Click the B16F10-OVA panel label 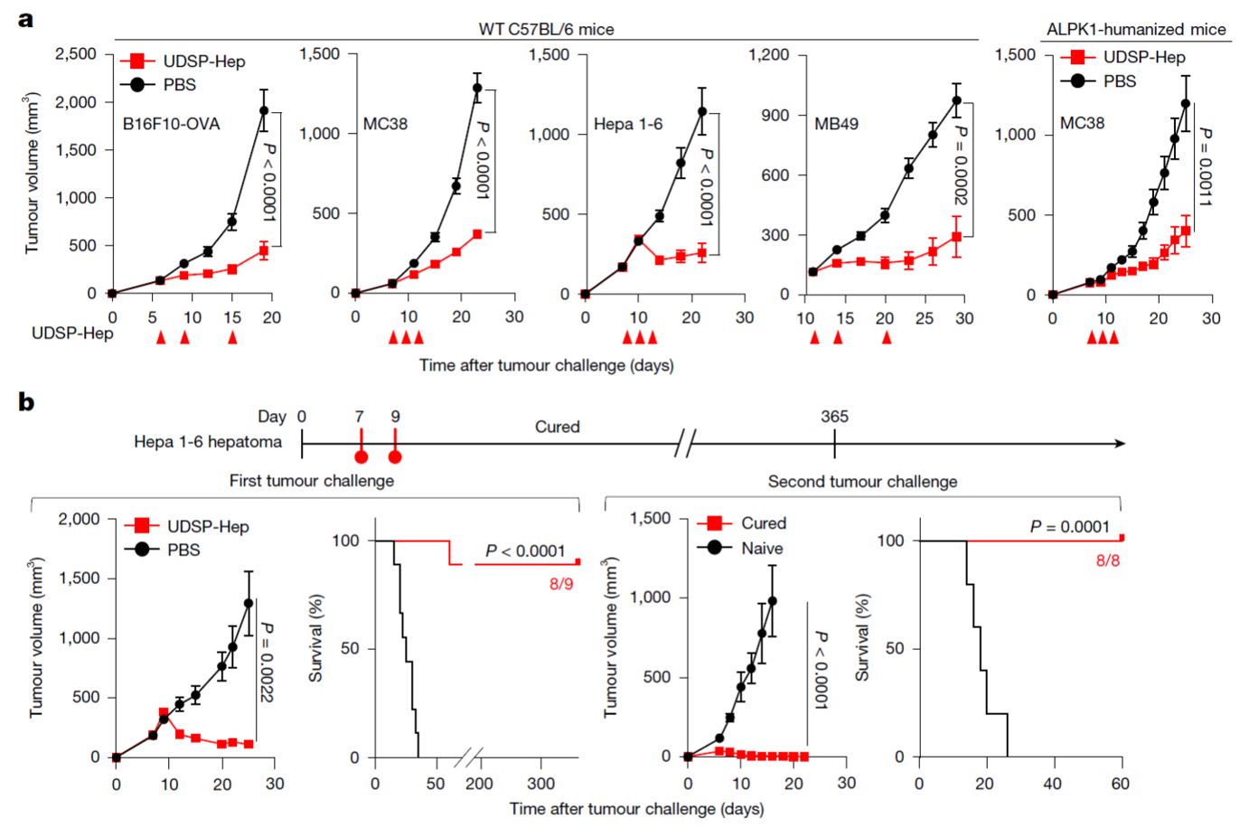click(171, 124)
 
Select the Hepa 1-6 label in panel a click(627, 124)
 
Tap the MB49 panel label click(836, 124)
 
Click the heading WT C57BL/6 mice click(546, 29)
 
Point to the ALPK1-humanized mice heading click(1136, 29)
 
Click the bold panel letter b click(26, 401)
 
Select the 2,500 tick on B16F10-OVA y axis click(76, 54)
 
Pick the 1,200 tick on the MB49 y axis click(768, 55)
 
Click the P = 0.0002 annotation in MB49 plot click(960, 165)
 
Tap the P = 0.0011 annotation click(1204, 167)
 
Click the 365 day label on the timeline click(834, 417)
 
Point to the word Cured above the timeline click(557, 427)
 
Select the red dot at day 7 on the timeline click(361, 456)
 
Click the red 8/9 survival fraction click(560, 584)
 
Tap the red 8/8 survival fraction click(1107, 560)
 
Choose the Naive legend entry click(762, 548)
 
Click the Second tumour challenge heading click(862, 481)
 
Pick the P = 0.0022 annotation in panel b click(267, 661)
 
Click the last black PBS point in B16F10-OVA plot click(264, 111)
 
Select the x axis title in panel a click(546, 365)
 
